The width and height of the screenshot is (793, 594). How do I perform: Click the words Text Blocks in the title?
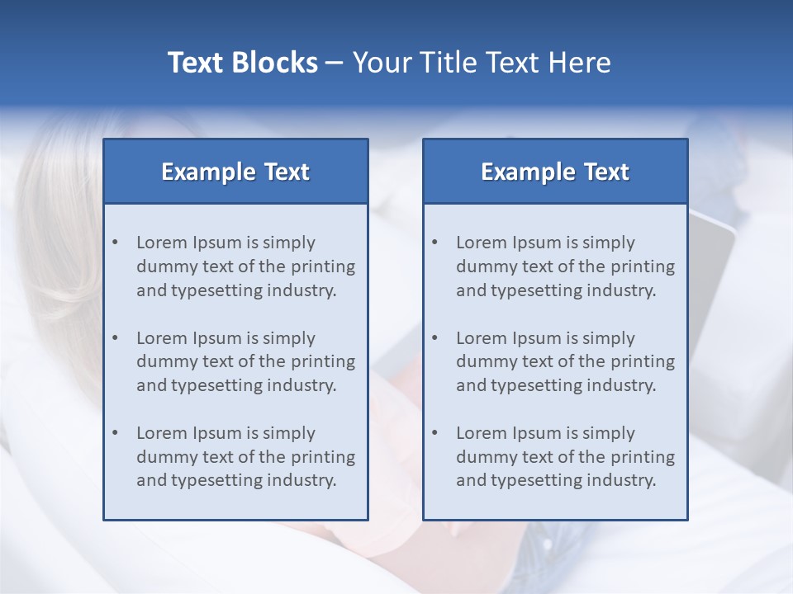[242, 63]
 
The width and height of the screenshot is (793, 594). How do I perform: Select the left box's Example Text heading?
[235, 172]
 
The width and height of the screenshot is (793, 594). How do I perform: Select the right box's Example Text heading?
[555, 172]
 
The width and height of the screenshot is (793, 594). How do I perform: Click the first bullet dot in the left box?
[115, 243]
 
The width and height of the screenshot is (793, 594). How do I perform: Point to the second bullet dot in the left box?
[115, 338]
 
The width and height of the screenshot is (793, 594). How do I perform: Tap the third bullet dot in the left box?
[115, 433]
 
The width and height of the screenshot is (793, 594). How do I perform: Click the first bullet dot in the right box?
[434, 243]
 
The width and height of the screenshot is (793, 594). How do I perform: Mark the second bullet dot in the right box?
[434, 338]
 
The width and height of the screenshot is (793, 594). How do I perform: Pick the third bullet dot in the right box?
[434, 433]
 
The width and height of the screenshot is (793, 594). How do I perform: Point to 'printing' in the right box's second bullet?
[643, 361]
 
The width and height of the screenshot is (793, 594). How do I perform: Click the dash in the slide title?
[335, 63]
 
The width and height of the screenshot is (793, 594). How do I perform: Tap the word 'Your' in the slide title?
[380, 63]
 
